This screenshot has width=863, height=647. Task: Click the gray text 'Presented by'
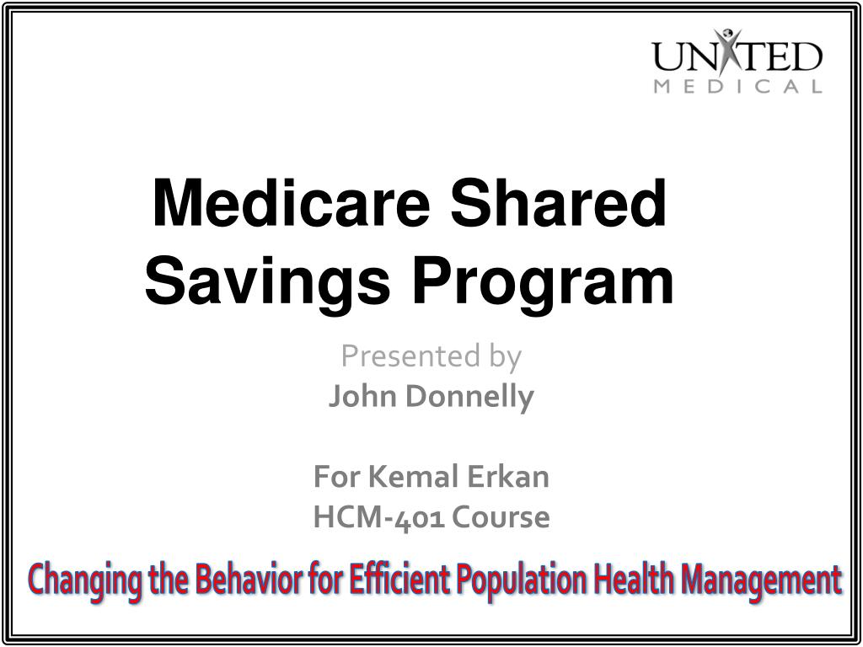click(431, 356)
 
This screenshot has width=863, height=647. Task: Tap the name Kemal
click(412, 478)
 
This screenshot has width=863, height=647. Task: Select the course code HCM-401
click(379, 517)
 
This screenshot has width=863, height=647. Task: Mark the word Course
click(501, 517)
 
